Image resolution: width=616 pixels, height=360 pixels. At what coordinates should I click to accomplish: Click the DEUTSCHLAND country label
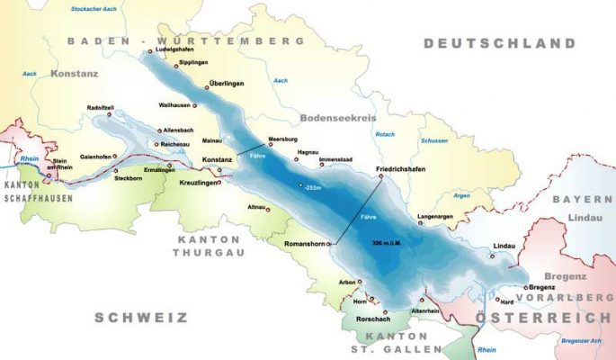(x=499, y=43)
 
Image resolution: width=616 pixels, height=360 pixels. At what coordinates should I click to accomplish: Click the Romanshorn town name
(x=303, y=244)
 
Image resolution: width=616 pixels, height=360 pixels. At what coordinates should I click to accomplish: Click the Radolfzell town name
(x=99, y=107)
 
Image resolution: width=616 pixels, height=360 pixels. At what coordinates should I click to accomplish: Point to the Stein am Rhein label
(x=66, y=164)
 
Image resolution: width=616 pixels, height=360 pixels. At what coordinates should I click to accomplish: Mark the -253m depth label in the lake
(x=314, y=188)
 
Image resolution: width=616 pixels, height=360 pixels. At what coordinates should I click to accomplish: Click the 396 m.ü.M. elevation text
(x=389, y=243)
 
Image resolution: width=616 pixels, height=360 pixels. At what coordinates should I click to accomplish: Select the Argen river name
(x=462, y=195)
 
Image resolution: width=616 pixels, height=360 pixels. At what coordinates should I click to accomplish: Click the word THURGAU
(x=206, y=253)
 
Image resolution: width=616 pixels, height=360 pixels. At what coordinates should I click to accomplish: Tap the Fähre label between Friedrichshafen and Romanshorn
(x=368, y=218)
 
